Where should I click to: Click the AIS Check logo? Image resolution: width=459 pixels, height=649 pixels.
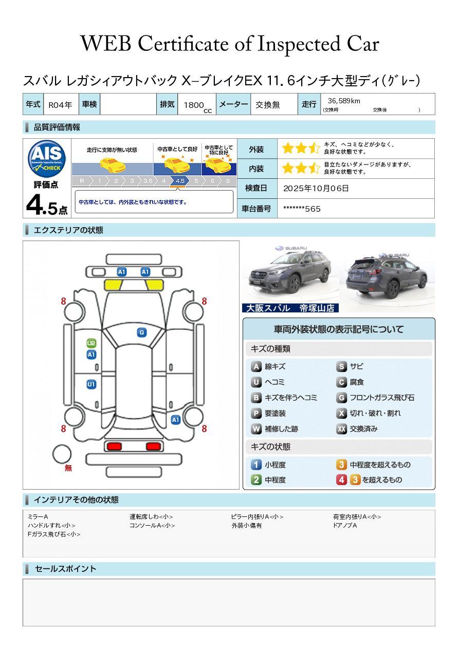tap(47, 158)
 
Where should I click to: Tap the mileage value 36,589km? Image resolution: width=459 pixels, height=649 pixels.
tap(344, 101)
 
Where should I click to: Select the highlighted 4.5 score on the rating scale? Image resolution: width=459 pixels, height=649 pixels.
tap(180, 181)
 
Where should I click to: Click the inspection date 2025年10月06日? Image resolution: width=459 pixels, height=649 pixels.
tap(316, 188)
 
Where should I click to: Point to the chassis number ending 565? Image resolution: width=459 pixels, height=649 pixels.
tap(302, 209)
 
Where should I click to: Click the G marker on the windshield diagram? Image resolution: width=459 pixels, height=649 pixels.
tap(142, 332)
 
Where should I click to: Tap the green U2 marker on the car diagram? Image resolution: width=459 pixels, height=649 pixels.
tap(91, 343)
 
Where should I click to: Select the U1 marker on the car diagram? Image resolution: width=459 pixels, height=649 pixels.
tap(91, 384)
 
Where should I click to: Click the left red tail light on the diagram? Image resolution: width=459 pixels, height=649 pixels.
tap(114, 446)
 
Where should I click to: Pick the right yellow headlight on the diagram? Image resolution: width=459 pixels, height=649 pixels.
tap(154, 285)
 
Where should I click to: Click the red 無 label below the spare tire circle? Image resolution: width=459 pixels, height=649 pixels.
tap(68, 468)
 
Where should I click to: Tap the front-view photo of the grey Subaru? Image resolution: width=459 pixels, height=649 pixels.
tap(290, 274)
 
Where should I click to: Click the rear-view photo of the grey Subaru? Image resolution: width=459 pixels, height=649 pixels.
tap(387, 276)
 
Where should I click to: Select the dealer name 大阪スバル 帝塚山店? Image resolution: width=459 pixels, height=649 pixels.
tap(290, 308)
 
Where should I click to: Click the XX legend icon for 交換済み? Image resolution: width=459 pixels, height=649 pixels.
tap(342, 429)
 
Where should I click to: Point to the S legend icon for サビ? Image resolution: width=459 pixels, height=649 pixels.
tap(342, 366)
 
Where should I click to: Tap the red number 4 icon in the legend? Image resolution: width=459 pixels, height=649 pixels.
tap(342, 480)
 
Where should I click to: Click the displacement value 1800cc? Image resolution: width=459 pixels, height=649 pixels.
tap(197, 106)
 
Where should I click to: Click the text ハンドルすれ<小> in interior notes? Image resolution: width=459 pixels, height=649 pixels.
tap(51, 526)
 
